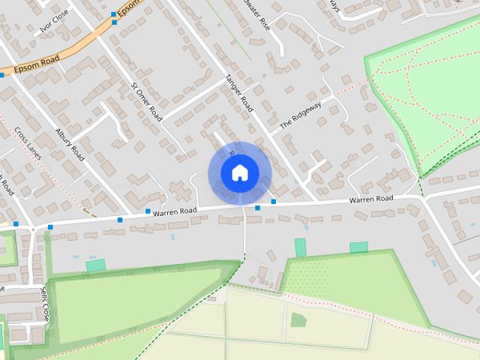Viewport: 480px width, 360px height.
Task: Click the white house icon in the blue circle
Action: [x=238, y=173]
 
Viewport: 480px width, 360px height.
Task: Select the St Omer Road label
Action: [x=146, y=101]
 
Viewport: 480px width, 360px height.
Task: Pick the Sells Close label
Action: [x=45, y=304]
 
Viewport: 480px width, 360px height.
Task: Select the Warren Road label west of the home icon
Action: [x=175, y=211]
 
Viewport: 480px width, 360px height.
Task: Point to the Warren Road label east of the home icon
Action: [x=370, y=199]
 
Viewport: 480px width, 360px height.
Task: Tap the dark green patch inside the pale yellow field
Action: [x=298, y=320]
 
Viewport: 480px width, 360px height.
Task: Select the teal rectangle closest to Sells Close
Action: [x=95, y=265]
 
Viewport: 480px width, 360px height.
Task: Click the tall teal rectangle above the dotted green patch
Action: [x=300, y=247]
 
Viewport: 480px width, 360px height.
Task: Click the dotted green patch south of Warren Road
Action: [x=308, y=277]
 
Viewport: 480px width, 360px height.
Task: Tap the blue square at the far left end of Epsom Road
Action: [x=1, y=76]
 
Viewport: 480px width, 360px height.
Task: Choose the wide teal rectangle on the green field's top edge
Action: [x=358, y=247]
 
